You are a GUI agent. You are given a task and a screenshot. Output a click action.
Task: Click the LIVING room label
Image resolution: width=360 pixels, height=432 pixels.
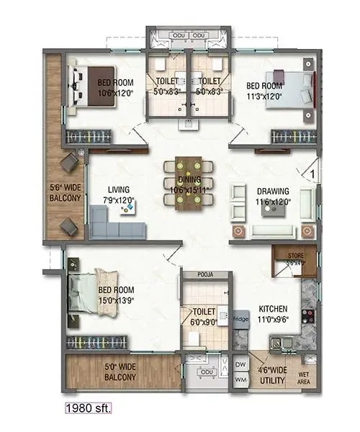pyautogui.click(x=119, y=190)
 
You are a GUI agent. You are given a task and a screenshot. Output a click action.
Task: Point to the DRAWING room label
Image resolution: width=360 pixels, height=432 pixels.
pyautogui.click(x=274, y=191)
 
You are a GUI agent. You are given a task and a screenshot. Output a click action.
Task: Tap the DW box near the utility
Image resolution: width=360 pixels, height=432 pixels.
pyautogui.click(x=240, y=365)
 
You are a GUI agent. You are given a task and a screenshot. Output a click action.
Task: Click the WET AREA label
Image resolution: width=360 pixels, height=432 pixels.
pyautogui.click(x=305, y=377)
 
